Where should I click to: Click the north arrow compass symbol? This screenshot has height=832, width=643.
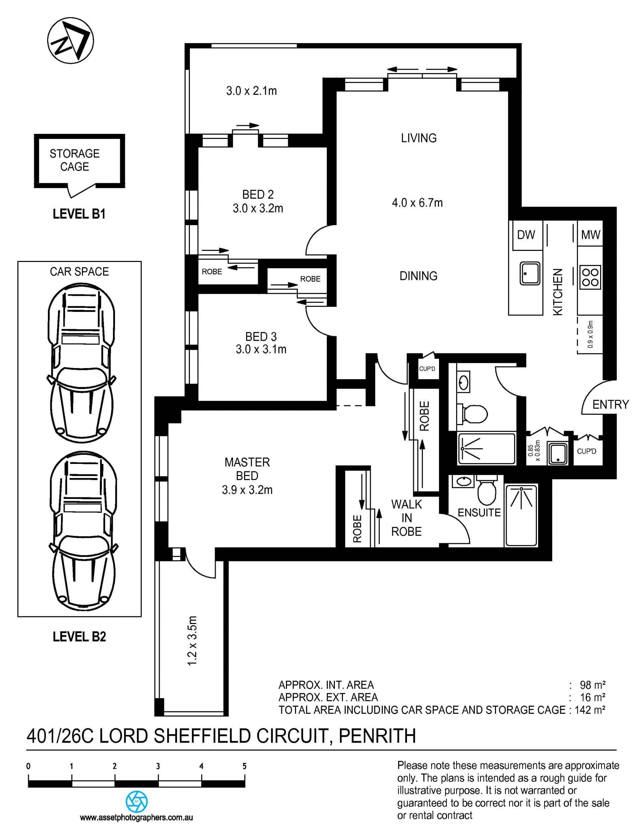70,41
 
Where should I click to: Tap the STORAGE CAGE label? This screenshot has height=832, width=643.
75,160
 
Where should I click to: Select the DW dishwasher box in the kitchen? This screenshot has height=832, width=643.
526,235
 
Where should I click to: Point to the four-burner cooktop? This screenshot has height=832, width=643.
590,277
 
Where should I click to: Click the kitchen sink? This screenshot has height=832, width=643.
530,273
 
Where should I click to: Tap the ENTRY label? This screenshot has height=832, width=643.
611,404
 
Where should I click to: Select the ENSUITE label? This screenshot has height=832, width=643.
479,513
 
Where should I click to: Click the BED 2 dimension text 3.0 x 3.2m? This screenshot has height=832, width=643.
258,208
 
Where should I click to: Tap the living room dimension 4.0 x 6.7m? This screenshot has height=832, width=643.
418,203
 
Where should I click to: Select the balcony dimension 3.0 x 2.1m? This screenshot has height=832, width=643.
252,91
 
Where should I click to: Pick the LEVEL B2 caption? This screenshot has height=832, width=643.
79,637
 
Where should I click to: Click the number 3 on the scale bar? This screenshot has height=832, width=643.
158,766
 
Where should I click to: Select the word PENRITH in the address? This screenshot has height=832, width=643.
377,736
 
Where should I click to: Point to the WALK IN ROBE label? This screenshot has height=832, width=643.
407,518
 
